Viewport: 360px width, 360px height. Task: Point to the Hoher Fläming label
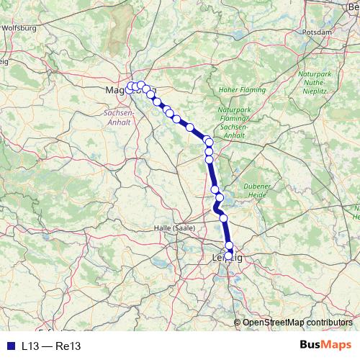[235, 91]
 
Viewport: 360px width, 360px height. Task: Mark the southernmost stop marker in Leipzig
[229, 255]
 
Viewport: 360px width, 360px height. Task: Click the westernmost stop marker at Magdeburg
[130, 87]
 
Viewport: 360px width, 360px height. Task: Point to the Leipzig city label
[228, 258]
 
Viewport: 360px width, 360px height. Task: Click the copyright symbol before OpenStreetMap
[238, 323]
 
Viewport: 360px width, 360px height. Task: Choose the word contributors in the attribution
[328, 323]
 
